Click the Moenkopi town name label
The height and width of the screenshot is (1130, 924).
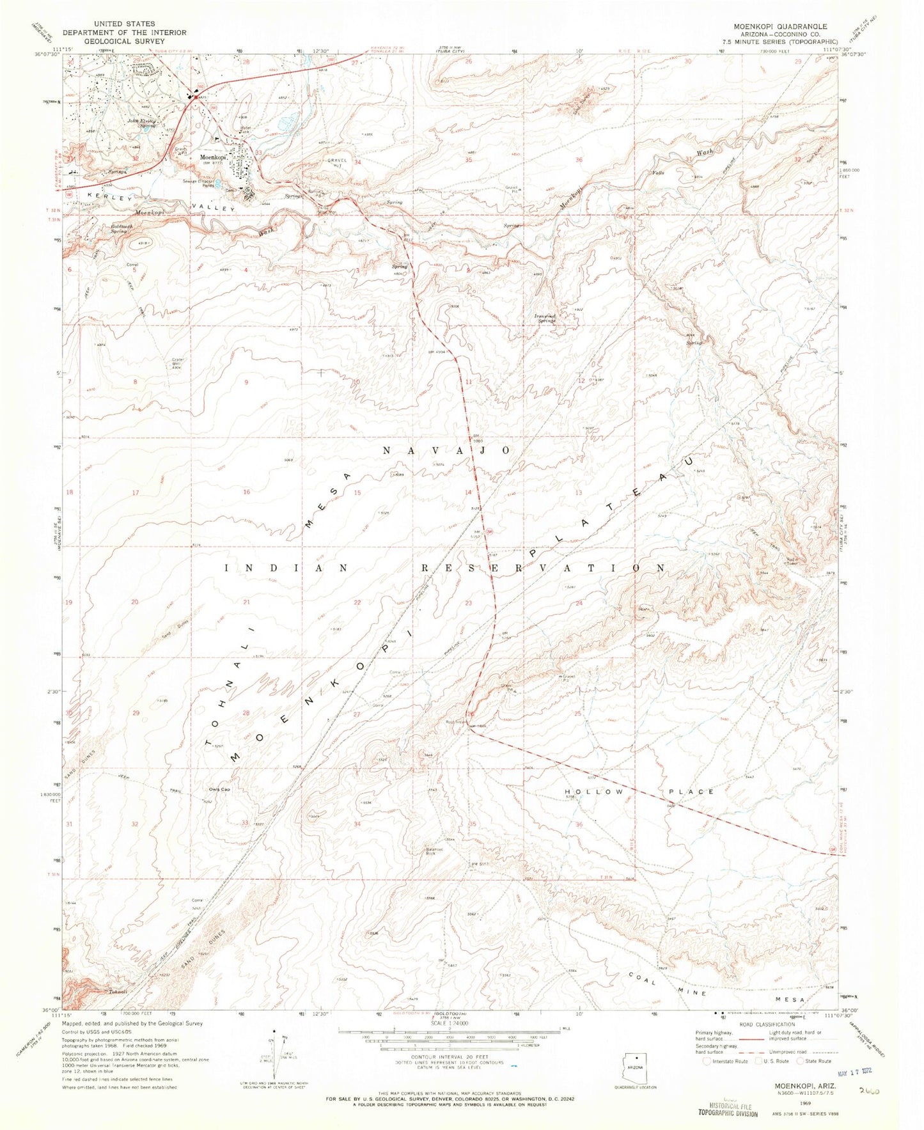click(213, 157)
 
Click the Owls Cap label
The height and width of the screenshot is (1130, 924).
click(220, 789)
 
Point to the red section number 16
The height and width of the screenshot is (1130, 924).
click(246, 492)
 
